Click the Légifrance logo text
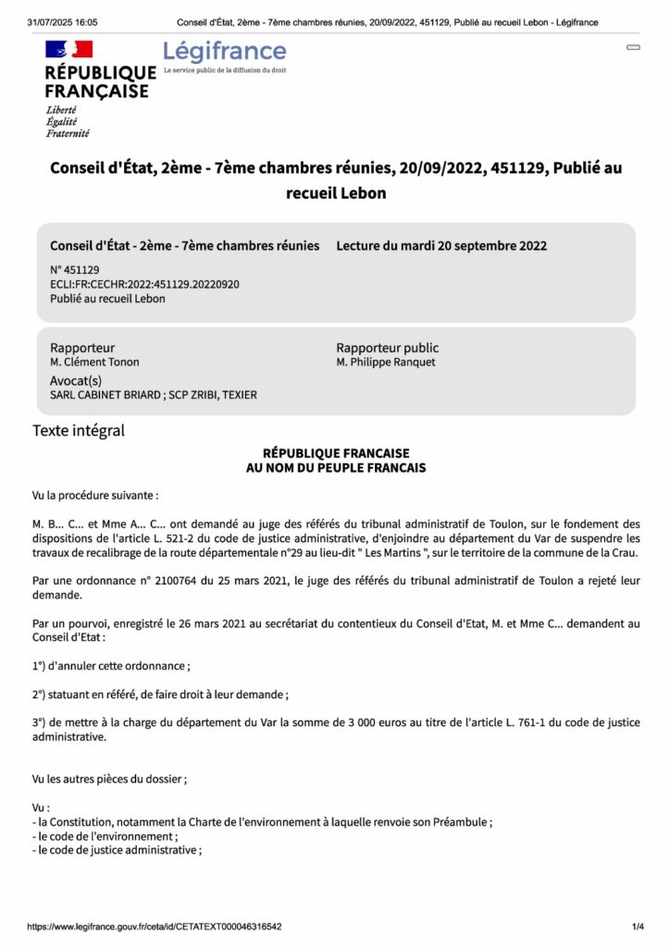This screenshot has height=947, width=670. (225, 52)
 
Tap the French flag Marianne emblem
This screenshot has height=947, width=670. (68, 49)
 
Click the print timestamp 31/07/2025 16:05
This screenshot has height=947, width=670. (63, 22)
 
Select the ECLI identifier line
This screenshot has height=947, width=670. (144, 284)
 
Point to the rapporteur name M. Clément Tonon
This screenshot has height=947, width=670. (94, 363)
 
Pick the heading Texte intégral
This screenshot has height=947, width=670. (79, 430)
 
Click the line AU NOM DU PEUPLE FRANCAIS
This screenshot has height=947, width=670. (335, 468)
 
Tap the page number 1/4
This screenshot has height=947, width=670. (638, 927)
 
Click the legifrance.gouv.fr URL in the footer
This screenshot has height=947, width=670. (155, 927)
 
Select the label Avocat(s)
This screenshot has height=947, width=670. (76, 380)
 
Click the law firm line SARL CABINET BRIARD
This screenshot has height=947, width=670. (154, 395)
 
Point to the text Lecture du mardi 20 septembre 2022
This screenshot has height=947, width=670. (441, 246)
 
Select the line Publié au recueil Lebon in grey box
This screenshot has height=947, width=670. (107, 299)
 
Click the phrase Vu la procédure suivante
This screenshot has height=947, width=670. (95, 496)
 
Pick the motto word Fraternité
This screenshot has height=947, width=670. (68, 133)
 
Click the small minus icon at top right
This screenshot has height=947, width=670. (634, 47)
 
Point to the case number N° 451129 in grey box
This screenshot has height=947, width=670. (75, 269)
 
